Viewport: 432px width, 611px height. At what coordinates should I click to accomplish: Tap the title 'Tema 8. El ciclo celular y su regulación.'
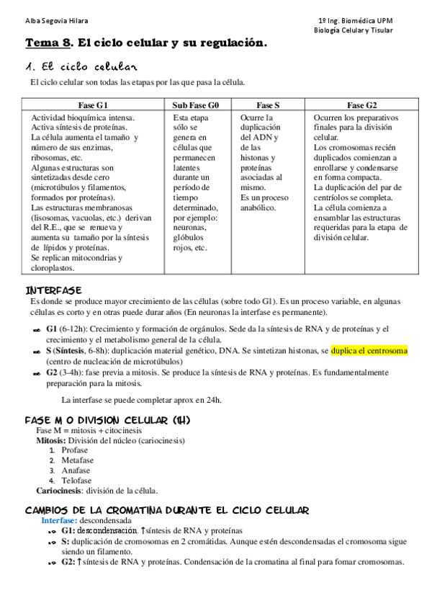pyautogui.click(x=146, y=43)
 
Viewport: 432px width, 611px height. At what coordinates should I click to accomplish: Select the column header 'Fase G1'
pyautogui.click(x=94, y=104)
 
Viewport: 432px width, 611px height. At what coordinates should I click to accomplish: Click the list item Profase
pyautogui.click(x=75, y=450)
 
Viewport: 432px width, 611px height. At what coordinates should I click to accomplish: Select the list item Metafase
pyautogui.click(x=78, y=460)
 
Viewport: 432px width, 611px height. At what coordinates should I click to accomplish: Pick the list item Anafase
pyautogui.click(x=76, y=470)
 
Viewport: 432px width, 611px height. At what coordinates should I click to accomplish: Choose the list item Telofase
pyautogui.click(x=76, y=481)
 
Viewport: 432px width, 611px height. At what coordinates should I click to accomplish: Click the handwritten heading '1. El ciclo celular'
pyautogui.click(x=81, y=68)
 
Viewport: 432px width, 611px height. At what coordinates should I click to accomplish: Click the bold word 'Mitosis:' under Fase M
pyautogui.click(x=52, y=440)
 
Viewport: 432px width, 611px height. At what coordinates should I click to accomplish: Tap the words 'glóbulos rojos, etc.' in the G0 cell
pyautogui.click(x=191, y=243)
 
